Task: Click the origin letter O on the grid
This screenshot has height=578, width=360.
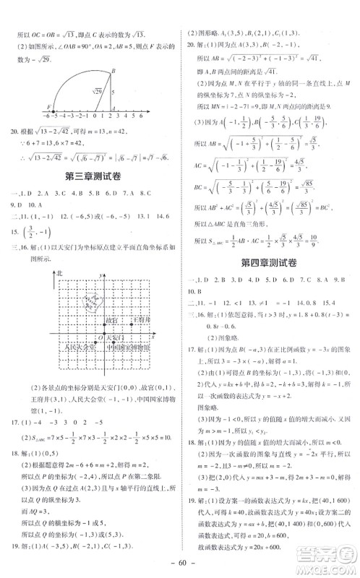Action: tap(100, 337)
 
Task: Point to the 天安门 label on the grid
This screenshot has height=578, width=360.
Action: tap(114, 337)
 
